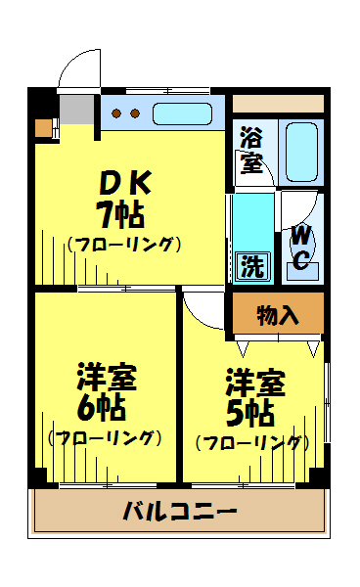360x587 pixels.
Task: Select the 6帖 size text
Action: click(x=105, y=404)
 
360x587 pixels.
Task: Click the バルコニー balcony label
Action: click(x=180, y=511)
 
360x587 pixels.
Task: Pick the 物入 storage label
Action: click(x=277, y=315)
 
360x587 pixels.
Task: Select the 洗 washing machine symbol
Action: click(x=252, y=264)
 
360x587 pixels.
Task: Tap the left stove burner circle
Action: click(x=116, y=114)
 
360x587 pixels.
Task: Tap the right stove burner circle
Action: click(x=134, y=114)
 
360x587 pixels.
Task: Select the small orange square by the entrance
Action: click(x=42, y=127)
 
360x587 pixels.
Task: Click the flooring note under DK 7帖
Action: click(x=124, y=245)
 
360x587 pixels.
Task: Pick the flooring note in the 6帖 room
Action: click(x=105, y=437)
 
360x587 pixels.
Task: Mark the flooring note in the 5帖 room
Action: click(x=251, y=442)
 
